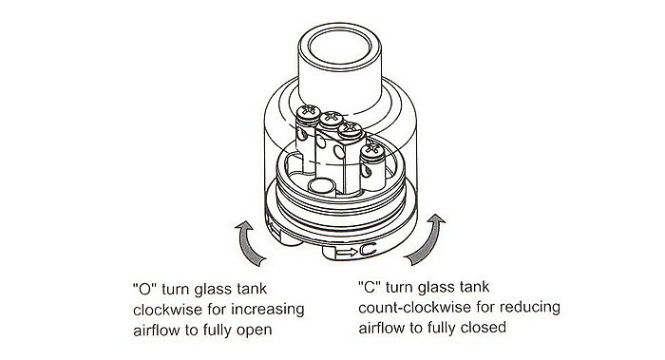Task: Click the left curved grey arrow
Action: point(247,244)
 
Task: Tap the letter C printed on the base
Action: point(368,250)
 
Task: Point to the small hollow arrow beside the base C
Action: point(347,253)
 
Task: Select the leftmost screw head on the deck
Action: point(309,111)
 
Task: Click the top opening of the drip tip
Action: point(339,46)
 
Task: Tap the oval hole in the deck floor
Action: point(321,185)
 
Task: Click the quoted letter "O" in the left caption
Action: point(145,289)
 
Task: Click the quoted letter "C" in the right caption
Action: point(370,287)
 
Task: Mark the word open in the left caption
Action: point(254,331)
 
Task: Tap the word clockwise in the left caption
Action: point(168,310)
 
